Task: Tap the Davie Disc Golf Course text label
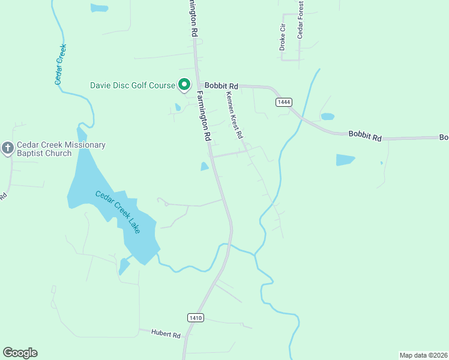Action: point(132,86)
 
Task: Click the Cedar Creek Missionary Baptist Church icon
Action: point(8,148)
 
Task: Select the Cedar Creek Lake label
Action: point(118,212)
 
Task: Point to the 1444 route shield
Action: point(284,102)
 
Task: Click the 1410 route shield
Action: point(195,317)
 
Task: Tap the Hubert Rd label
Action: point(166,334)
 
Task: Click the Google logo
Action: point(20,353)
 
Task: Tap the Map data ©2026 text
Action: point(423,355)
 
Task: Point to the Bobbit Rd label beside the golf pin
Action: point(221,86)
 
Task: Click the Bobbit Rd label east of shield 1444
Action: point(365,136)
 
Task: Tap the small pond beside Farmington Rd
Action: point(205,166)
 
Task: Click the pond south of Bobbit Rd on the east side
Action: point(345,160)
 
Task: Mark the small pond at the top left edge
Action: point(99,8)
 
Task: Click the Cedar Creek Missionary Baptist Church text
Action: point(61,149)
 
